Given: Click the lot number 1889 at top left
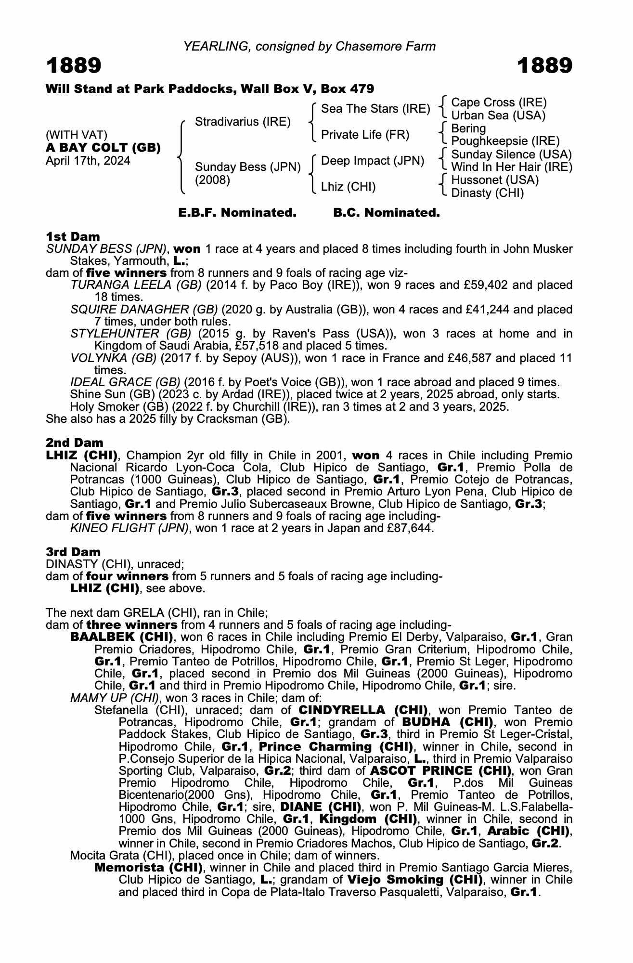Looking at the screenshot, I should click(74, 65).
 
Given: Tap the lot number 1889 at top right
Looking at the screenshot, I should click(545, 65).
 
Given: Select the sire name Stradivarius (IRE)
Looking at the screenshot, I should click(243, 121).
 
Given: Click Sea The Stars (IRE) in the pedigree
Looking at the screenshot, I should click(375, 109).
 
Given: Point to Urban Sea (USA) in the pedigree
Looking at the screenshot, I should click(498, 116).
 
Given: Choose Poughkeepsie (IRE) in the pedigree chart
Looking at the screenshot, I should click(505, 141).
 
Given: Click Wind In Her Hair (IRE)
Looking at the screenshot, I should click(512, 167).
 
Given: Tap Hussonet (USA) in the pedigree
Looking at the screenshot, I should click(495, 180).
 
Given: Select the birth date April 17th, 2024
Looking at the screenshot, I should click(88, 160).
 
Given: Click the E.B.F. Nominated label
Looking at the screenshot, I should click(237, 212).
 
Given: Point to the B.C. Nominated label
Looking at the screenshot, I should click(387, 212).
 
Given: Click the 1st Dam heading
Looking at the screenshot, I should click(73, 236).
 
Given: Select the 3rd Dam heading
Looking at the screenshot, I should click(73, 552).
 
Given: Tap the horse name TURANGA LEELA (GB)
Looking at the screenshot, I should click(136, 285).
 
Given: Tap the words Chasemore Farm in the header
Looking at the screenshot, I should click(386, 46).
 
